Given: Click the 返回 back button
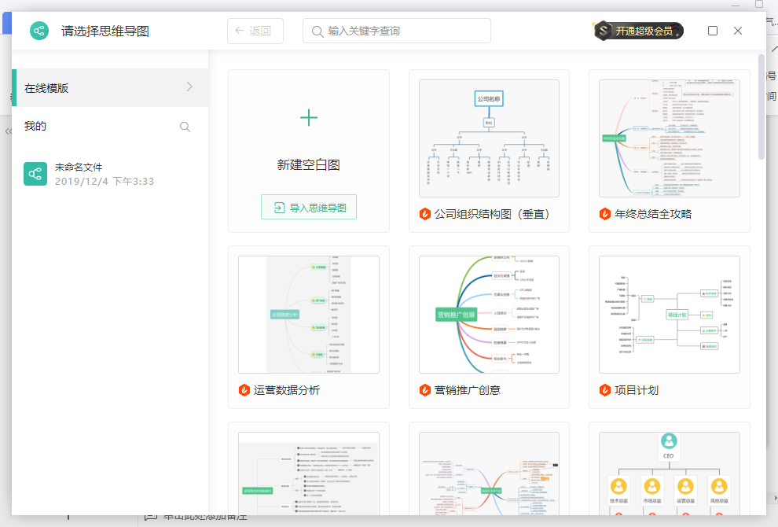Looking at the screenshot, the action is [x=255, y=31].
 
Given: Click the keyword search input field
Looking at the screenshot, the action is [x=397, y=31].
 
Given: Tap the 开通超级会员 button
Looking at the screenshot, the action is [x=639, y=31].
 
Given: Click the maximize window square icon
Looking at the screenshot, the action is [x=713, y=31].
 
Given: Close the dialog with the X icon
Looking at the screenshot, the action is [x=738, y=31].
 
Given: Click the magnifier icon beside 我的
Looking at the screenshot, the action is [x=185, y=127].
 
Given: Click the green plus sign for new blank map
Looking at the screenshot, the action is [x=309, y=118].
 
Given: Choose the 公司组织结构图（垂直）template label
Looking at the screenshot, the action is [x=492, y=214].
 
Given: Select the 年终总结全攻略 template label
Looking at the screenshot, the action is [x=653, y=214].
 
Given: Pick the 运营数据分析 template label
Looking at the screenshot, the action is [x=287, y=390].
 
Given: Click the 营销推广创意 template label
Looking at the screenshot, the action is [x=468, y=390].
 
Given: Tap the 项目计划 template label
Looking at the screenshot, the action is [x=637, y=390].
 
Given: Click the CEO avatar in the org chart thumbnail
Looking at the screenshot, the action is [x=669, y=441].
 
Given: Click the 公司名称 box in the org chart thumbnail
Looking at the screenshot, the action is [x=489, y=99].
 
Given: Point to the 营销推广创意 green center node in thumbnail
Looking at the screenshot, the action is [x=456, y=315].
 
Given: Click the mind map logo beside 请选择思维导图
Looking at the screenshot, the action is [x=40, y=31].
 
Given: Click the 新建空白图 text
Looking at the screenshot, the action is [x=309, y=165].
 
